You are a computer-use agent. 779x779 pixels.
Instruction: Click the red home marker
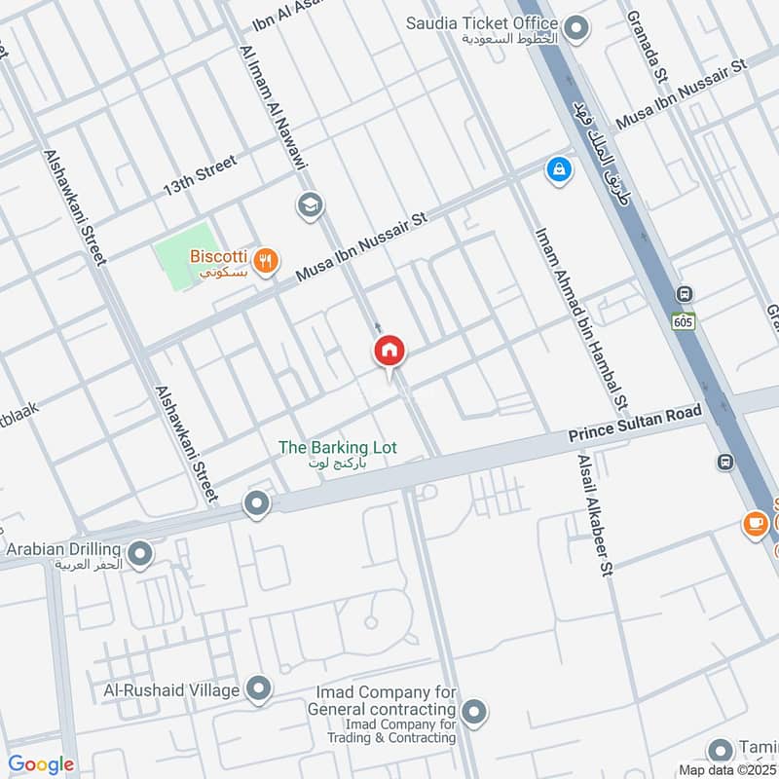coord(389,351)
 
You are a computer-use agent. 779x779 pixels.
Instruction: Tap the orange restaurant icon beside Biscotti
coord(265,260)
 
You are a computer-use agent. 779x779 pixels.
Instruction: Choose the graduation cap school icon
coord(310,205)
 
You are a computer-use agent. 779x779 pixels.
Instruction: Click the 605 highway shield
coord(683,318)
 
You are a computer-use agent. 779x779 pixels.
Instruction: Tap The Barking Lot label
coord(337,447)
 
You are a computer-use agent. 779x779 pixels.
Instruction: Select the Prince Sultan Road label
coord(635,426)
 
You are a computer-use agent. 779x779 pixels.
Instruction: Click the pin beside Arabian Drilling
coord(140,555)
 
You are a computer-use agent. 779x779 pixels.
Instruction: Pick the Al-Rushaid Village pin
coord(258,689)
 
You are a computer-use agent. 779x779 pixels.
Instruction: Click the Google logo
coord(41,764)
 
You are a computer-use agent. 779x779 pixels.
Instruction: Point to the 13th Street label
coord(200,173)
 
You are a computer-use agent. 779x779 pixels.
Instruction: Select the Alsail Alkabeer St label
coord(595,514)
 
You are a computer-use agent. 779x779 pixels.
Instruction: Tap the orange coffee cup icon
coord(755,524)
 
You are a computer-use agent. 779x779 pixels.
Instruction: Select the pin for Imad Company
coord(474,713)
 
